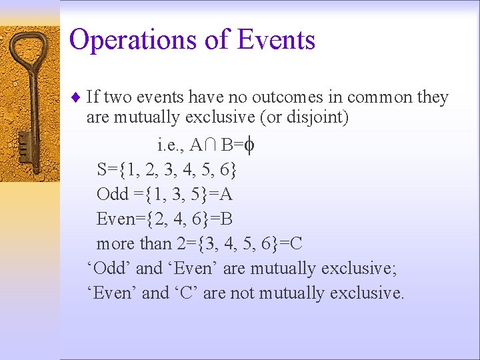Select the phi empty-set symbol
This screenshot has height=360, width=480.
click(x=247, y=145)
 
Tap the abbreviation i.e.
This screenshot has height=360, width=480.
click(x=171, y=145)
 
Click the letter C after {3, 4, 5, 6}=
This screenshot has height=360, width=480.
click(x=296, y=243)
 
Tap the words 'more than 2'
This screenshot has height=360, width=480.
click(x=135, y=243)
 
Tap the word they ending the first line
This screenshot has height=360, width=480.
click(x=433, y=98)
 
